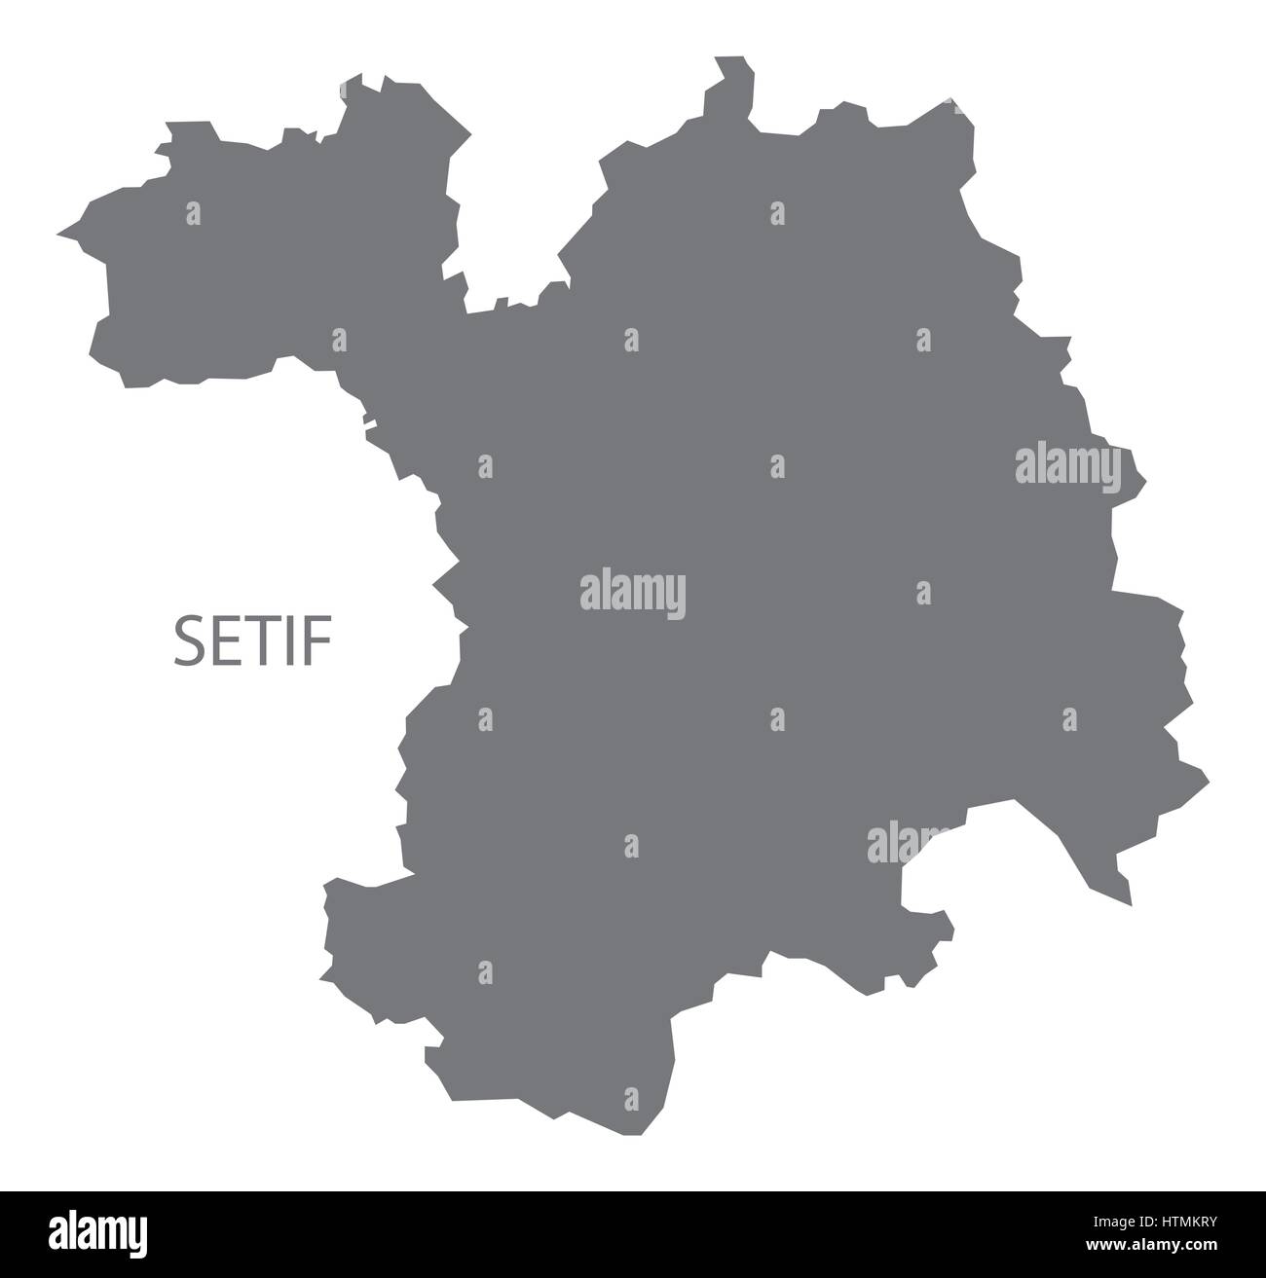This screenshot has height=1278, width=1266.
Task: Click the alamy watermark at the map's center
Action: [632, 592]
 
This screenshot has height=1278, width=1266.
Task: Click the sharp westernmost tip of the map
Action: [60, 234]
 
